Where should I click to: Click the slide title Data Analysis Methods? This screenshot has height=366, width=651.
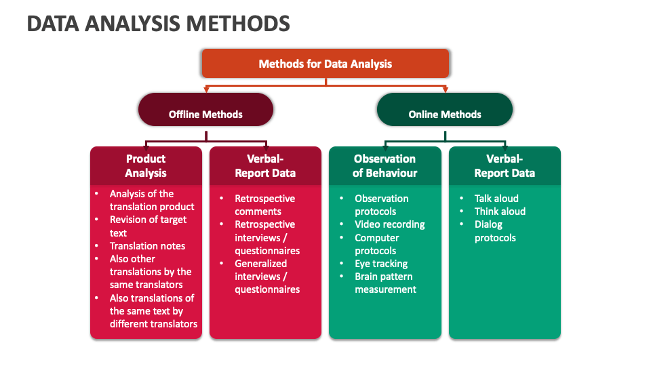(x=158, y=24)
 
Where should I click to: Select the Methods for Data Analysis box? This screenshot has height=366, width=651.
(x=325, y=64)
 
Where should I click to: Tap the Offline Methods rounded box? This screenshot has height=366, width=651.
(x=205, y=114)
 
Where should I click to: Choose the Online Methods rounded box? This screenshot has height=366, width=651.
(x=445, y=114)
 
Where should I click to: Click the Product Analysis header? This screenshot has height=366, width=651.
(x=146, y=165)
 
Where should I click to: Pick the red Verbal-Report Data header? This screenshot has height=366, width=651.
(x=265, y=165)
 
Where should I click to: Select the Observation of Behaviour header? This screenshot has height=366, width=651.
(x=384, y=165)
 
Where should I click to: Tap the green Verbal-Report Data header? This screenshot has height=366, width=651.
(x=505, y=165)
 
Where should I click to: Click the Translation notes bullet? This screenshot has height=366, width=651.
(x=147, y=246)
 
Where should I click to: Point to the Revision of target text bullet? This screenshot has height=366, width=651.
(x=148, y=226)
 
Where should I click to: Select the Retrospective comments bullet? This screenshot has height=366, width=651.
(x=264, y=205)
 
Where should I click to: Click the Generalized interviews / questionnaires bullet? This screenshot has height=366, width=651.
(x=267, y=277)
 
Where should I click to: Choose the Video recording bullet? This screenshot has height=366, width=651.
(x=389, y=224)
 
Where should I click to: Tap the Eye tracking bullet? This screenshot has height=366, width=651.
(x=381, y=264)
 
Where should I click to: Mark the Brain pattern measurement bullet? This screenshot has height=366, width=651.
(x=385, y=283)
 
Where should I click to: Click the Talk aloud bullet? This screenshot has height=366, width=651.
(x=496, y=199)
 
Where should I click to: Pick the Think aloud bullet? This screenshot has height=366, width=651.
(x=500, y=211)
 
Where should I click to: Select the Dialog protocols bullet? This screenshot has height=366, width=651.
(x=495, y=231)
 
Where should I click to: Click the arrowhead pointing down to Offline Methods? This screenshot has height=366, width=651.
(x=205, y=89)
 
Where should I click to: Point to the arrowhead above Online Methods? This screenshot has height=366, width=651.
(x=445, y=89)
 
